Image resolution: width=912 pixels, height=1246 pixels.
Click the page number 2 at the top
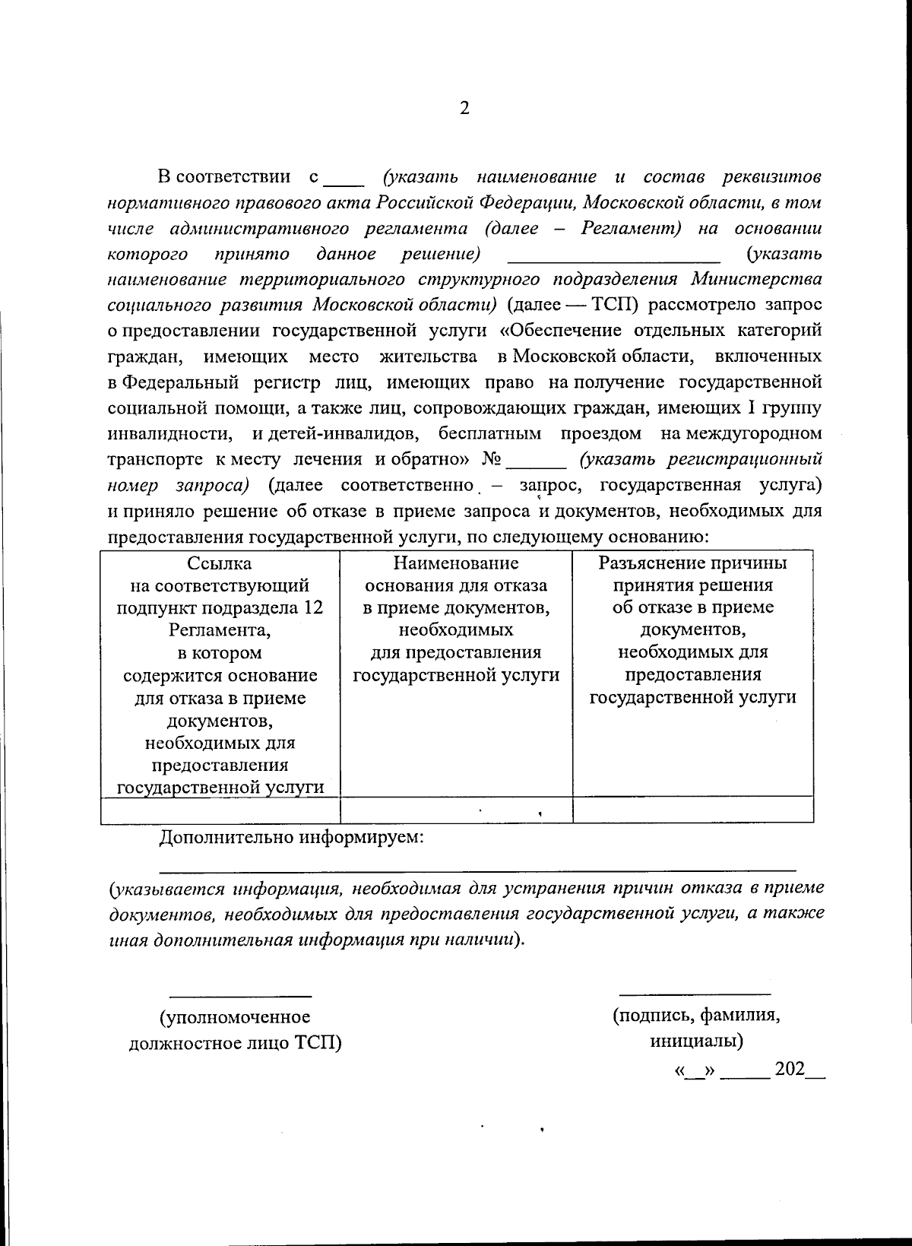pyautogui.click(x=464, y=108)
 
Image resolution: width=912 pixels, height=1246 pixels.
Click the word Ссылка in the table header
pyautogui.click(x=220, y=563)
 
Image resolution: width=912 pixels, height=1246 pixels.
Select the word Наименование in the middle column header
pyautogui.click(x=456, y=563)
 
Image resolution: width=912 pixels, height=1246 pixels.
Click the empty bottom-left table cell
pyautogui.click(x=220, y=810)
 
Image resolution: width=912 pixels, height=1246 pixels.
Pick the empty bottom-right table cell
pyautogui.click(x=692, y=810)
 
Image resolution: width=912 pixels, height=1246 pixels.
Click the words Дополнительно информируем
pyautogui.click(x=291, y=838)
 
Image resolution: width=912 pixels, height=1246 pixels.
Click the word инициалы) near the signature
pyautogui.click(x=696, y=1040)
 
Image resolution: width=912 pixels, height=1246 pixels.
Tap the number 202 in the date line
pyautogui.click(x=789, y=1069)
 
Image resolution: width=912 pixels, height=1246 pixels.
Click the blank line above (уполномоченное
pyautogui.click(x=239, y=995)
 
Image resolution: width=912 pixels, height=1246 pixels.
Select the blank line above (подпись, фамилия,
pyautogui.click(x=695, y=993)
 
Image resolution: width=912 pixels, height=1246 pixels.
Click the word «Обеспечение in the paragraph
pyautogui.click(x=559, y=331)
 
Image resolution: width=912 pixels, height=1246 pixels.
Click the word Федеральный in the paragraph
pyautogui.click(x=180, y=382)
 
